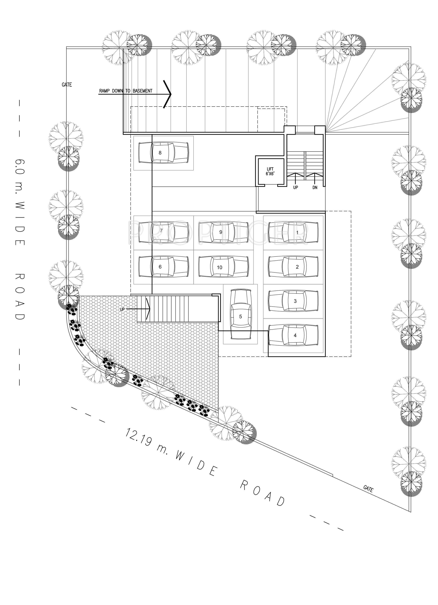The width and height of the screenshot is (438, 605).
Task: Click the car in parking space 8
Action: coord(163,153)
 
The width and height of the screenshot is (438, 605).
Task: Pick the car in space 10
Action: coord(223,267)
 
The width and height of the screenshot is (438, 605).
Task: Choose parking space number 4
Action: coord(293,335)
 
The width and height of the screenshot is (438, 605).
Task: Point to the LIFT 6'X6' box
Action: coord(270,171)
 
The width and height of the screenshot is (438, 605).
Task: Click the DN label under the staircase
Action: coord(315,188)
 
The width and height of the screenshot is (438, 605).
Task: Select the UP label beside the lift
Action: coord(295,188)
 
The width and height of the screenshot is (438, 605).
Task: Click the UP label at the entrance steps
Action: coord(122,309)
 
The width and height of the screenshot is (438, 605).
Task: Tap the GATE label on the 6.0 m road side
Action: coord(67,85)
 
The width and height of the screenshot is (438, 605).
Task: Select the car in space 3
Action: coord(293,301)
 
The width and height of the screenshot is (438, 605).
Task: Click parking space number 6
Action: coord(163,267)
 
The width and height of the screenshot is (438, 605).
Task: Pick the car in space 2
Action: coord(293,267)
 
